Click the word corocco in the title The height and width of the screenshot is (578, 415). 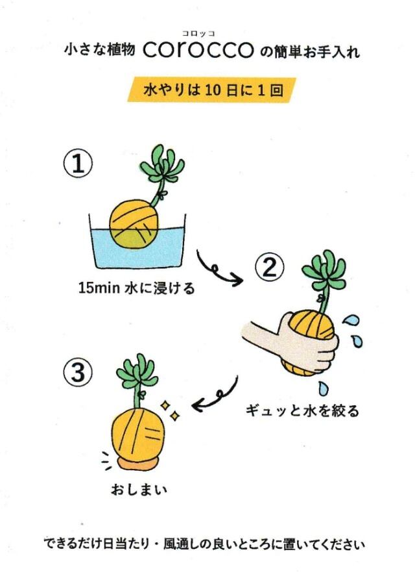198,51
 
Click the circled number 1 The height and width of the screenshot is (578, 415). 78,166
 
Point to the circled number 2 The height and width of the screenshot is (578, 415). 269,267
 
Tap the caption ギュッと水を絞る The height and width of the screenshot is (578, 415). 302,411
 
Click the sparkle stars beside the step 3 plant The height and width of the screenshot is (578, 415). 169,409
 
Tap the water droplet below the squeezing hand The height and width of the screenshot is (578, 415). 323,389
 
